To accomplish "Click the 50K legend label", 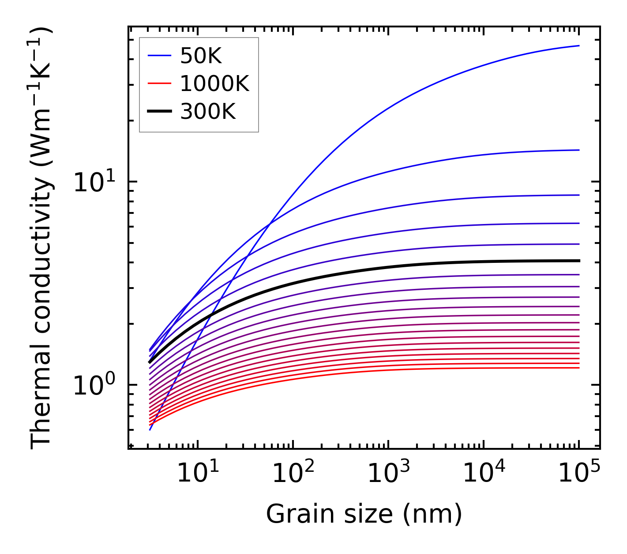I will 201,56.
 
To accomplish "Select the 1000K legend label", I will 214,83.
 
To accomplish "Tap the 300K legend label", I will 208,112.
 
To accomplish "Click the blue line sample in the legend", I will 159,56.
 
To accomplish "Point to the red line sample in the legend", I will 159,83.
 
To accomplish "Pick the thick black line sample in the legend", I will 159,112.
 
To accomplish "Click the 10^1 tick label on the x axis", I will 197,474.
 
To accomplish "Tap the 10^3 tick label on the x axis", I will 388,474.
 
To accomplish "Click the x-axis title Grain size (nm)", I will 364,514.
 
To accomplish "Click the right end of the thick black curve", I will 578,261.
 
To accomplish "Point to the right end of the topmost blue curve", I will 578,46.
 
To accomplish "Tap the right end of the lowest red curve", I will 578,368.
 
